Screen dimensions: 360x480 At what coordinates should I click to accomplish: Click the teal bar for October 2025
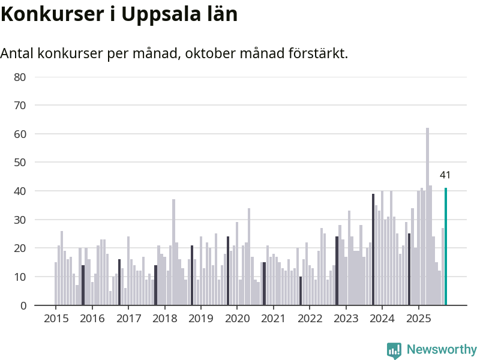[x=446, y=247]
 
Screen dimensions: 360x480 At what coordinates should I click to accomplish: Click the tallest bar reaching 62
[x=428, y=217]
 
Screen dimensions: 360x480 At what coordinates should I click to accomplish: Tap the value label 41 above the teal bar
[x=445, y=175]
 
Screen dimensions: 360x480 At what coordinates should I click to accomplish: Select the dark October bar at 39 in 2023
[x=373, y=250]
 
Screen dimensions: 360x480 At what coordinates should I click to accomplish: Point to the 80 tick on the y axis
[x=20, y=77]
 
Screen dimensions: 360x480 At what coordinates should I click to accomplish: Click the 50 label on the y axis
[x=20, y=163]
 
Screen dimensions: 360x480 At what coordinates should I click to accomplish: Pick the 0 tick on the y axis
[x=23, y=305]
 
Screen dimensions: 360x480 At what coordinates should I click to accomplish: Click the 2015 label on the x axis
[x=56, y=318]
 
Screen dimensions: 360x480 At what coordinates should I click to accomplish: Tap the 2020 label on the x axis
[x=237, y=318]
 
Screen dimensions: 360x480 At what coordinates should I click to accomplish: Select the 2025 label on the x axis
[x=418, y=318]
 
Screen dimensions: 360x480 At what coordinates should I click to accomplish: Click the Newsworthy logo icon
[x=394, y=350]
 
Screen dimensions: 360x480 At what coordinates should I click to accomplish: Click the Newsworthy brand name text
[x=442, y=349]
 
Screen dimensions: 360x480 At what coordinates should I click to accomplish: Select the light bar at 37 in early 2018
[x=173, y=253]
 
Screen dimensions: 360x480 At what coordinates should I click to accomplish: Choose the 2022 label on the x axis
[x=310, y=318]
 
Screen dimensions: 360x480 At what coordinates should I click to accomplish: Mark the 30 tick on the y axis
[x=20, y=220]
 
